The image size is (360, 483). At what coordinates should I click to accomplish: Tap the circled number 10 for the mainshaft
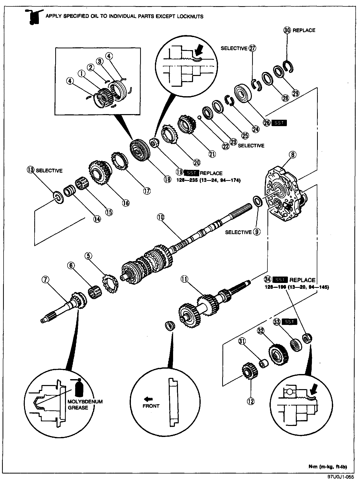tap(161, 217)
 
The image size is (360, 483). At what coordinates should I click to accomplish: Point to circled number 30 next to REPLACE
tap(287, 30)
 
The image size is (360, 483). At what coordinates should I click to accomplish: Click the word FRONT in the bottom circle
tap(151, 406)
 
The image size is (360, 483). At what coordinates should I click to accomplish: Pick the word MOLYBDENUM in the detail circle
tap(85, 401)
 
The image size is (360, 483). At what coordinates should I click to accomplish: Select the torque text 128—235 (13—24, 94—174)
tap(208, 180)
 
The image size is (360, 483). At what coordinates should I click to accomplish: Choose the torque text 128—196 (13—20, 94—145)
tap(297, 287)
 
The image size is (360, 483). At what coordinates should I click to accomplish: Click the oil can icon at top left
tap(33, 17)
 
